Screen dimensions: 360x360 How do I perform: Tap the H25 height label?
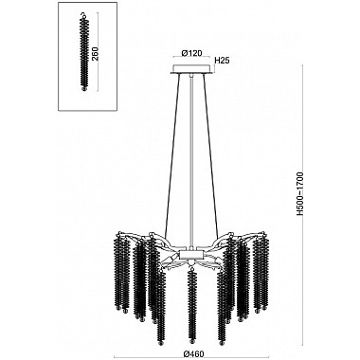224,61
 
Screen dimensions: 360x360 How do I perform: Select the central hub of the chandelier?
190,257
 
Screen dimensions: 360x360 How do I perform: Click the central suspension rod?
190,161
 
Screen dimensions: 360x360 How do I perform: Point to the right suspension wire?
213,161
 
